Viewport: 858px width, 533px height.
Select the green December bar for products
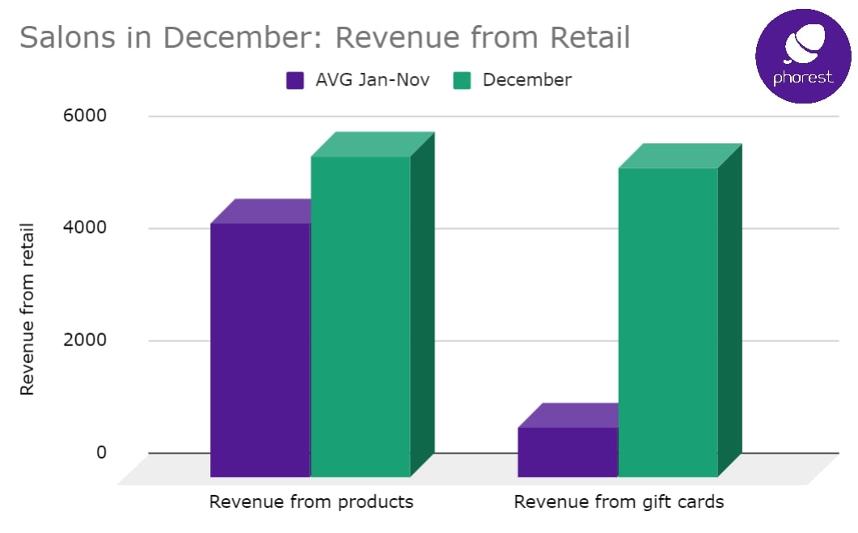click(x=361, y=315)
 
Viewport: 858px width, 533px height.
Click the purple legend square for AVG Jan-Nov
click(x=295, y=80)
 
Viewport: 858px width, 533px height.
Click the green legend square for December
click(x=463, y=80)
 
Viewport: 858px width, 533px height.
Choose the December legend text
click(x=526, y=80)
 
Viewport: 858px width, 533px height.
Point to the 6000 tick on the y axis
click(x=87, y=116)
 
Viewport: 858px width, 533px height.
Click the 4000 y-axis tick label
click(x=87, y=228)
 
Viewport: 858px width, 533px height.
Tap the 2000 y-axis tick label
click(x=87, y=341)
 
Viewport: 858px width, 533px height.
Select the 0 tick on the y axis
click(x=101, y=452)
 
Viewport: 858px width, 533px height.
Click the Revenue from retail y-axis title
click(x=27, y=308)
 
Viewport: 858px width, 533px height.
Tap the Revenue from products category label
click(x=311, y=501)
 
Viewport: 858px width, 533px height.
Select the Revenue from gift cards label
click(x=619, y=501)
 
